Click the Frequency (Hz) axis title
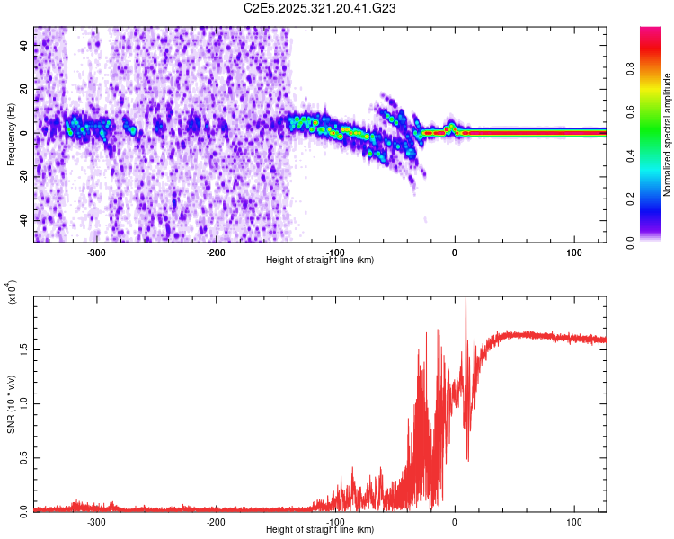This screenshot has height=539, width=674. (11, 134)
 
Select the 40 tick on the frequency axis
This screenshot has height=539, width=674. (25, 47)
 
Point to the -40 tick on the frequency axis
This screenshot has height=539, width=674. (22, 219)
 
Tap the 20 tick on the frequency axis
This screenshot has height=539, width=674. (25, 90)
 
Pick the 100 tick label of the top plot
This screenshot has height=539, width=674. (573, 252)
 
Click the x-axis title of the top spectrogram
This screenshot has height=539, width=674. (320, 261)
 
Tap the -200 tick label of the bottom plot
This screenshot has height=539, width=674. (215, 522)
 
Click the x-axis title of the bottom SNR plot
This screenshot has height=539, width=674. (320, 530)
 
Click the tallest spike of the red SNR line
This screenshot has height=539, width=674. (466, 300)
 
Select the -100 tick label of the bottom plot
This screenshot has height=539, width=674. (334, 522)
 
